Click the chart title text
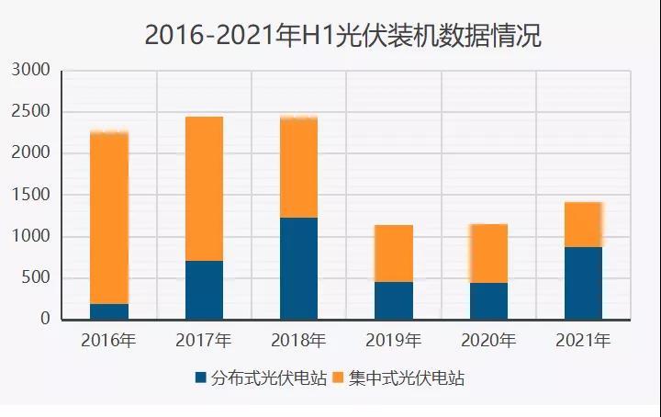(342, 35)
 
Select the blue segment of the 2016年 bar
(109, 311)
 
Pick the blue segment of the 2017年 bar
(204, 289)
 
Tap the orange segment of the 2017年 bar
(204, 188)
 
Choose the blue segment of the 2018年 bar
(298, 268)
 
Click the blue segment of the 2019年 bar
(393, 300)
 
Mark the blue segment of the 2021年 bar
(583, 283)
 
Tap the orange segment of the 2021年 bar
(583, 224)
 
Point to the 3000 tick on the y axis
(32, 71)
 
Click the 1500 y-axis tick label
(32, 195)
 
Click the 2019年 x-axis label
(393, 342)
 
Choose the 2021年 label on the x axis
(583, 342)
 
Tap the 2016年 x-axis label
(109, 342)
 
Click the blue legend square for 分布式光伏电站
(201, 378)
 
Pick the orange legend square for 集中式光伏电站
(338, 378)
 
